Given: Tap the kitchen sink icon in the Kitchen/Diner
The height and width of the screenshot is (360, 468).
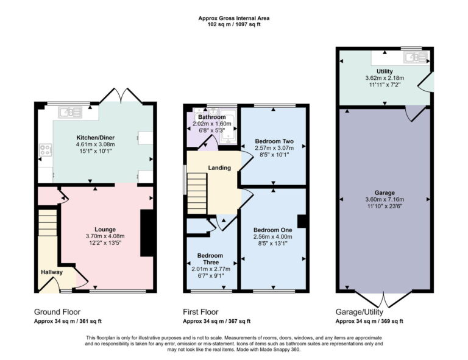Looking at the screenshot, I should (x=71, y=111).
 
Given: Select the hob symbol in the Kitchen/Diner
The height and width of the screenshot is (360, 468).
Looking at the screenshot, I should (x=45, y=149).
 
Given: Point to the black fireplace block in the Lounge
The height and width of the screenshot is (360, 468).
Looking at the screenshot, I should (x=147, y=233).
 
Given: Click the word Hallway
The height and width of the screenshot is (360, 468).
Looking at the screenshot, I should (x=52, y=272).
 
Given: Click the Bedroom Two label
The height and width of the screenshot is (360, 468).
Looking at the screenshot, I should (x=274, y=141).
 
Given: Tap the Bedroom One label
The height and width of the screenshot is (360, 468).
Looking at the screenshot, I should (x=272, y=230).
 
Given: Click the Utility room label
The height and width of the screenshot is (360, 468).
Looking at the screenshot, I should (x=384, y=71).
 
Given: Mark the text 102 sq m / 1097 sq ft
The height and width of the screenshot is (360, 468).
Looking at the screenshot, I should (x=234, y=25).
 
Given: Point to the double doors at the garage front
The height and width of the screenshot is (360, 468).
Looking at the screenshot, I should (x=385, y=300).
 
